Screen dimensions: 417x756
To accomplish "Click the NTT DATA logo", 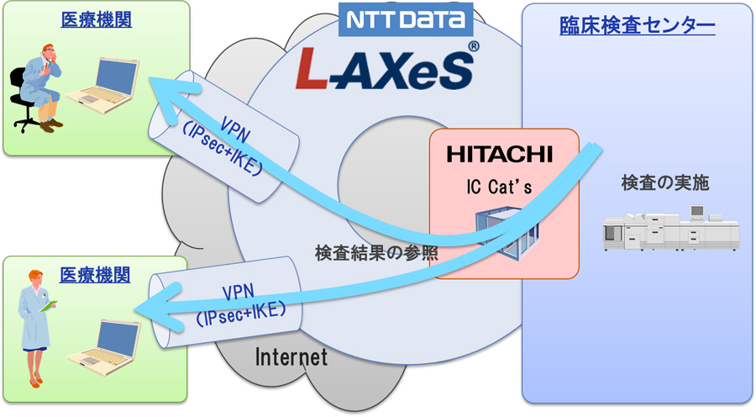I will (406, 19).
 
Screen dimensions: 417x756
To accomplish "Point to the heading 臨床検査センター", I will (637, 27).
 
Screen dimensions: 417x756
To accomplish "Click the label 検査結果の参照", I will (376, 251).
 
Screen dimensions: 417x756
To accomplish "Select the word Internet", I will (291, 356).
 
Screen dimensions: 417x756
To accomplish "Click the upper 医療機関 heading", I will (95, 19).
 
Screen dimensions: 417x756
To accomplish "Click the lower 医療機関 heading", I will (95, 275).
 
